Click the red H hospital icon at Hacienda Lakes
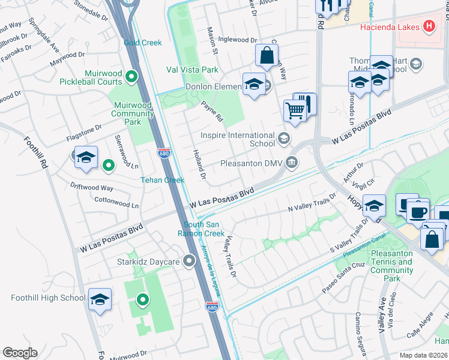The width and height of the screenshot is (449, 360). [x=429, y=26]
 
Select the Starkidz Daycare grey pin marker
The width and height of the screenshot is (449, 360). [x=190, y=261]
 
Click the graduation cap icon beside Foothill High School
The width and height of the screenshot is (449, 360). [x=100, y=299]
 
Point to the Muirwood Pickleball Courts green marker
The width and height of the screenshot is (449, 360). [x=133, y=76]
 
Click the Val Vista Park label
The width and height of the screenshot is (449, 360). [x=192, y=70]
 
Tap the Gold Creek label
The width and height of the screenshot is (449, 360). [x=143, y=43]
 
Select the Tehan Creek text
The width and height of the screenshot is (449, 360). [x=162, y=180]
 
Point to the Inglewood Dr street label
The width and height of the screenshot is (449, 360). [x=237, y=40]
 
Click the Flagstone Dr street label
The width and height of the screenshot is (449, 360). [x=84, y=127]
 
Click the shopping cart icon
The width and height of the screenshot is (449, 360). [x=294, y=110]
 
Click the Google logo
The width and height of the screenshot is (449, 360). [x=20, y=353]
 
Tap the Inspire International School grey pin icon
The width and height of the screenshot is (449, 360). [x=284, y=140]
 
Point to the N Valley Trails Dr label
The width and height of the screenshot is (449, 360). [x=312, y=205]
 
